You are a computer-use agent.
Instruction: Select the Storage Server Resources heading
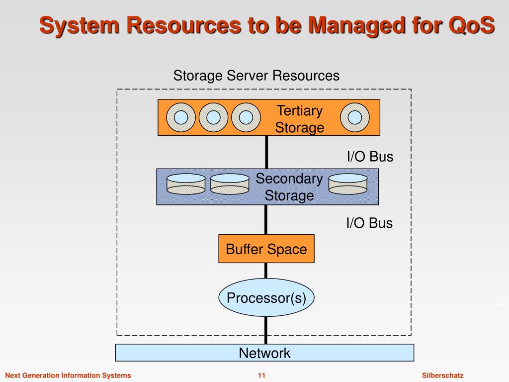pyautogui.click(x=256, y=76)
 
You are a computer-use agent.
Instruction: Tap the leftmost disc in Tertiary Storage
pyautogui.click(x=181, y=117)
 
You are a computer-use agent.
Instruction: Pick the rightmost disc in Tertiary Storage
pyautogui.click(x=355, y=117)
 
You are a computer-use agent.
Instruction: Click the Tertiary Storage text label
pyautogui.click(x=299, y=119)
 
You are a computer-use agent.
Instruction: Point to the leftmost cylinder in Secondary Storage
pyautogui.click(x=186, y=184)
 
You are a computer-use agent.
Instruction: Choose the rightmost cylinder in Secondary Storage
pyautogui.click(x=348, y=184)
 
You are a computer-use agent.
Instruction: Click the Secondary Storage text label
pyautogui.click(x=289, y=187)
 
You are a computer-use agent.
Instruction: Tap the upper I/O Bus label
pyautogui.click(x=370, y=157)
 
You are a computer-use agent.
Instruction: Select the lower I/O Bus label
pyautogui.click(x=369, y=223)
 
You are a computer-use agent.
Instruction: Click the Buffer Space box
pyautogui.click(x=266, y=249)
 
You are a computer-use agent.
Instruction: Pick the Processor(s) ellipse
pyautogui.click(x=266, y=297)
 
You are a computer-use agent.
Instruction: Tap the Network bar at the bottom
pyautogui.click(x=264, y=353)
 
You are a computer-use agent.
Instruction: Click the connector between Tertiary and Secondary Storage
pyautogui.click(x=266, y=152)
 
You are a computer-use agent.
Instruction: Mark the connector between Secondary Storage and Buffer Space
pyautogui.click(x=266, y=219)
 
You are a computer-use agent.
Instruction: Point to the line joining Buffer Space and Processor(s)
pyautogui.click(x=266, y=271)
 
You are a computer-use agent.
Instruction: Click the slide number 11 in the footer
pyautogui.click(x=261, y=376)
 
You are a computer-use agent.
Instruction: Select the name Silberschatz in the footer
pyautogui.click(x=443, y=376)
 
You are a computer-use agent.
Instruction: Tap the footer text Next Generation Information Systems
pyautogui.click(x=68, y=376)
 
